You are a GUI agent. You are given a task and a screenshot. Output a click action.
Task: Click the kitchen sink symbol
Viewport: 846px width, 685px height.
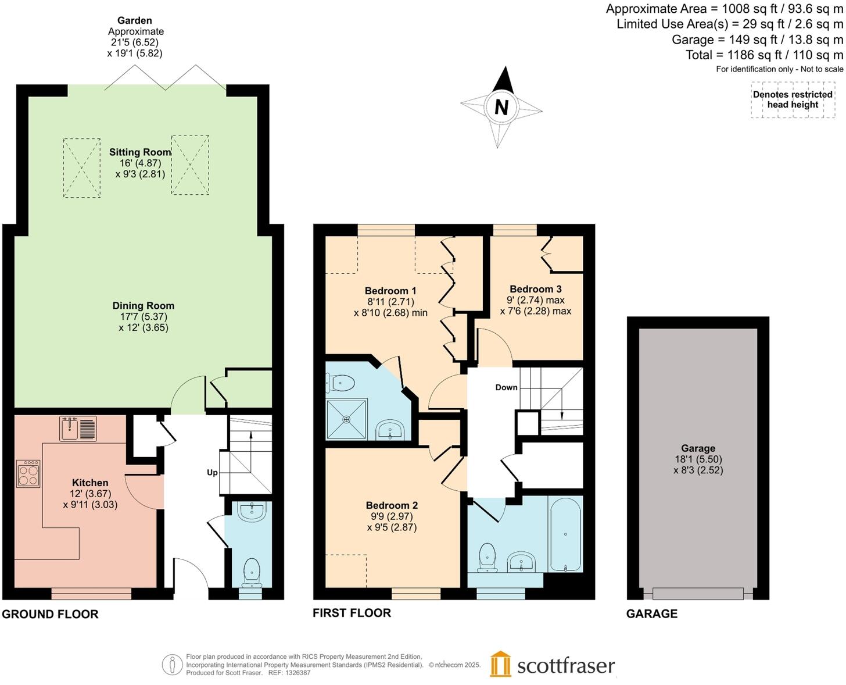point(78,429)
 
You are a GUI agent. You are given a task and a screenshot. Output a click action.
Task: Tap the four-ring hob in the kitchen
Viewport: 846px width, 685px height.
point(28,473)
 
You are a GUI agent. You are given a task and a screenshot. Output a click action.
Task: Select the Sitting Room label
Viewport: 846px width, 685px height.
point(140,152)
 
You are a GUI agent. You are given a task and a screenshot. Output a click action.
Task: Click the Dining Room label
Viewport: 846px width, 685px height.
point(144,306)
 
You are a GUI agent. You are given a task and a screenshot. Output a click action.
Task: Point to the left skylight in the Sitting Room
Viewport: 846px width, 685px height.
point(81,168)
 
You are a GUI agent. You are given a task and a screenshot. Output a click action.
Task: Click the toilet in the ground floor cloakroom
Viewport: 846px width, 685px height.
point(252,571)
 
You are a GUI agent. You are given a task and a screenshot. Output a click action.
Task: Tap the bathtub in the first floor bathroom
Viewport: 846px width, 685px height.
point(565,534)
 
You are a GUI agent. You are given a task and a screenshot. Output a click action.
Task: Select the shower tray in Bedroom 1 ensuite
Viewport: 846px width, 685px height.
point(347,419)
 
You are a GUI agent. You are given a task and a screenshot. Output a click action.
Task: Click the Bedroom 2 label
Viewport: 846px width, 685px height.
point(392,505)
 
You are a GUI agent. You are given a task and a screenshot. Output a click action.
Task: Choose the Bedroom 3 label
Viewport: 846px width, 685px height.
point(535,289)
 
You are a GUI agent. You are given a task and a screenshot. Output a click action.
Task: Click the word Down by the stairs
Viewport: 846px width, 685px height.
point(506,387)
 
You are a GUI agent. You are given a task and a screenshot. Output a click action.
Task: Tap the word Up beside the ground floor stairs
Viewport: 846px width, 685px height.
point(212,472)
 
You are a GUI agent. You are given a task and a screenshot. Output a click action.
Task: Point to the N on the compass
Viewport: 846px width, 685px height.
point(501,108)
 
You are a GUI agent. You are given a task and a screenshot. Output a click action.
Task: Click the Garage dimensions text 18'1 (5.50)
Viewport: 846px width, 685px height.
point(698,459)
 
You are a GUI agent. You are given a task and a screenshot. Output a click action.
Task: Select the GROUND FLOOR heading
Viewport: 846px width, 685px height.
point(51,614)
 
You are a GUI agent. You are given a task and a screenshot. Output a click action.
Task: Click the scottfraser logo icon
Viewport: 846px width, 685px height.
point(500,664)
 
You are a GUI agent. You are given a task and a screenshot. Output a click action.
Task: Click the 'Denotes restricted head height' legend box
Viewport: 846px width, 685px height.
point(793,100)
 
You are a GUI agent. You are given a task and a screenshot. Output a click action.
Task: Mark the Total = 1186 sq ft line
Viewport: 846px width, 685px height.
point(764,55)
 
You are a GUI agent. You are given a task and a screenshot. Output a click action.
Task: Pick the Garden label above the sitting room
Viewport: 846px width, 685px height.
point(134,20)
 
